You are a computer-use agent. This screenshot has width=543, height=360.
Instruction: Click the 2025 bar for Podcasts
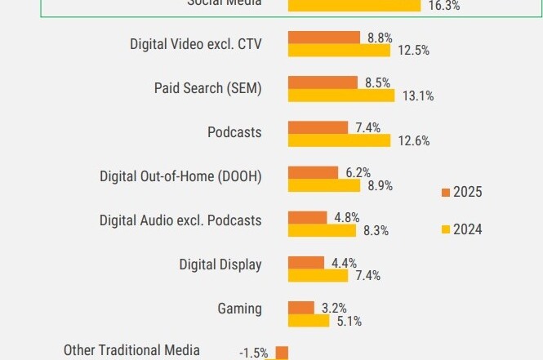point(318,127)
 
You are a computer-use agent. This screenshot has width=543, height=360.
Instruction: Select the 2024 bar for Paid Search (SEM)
point(344,95)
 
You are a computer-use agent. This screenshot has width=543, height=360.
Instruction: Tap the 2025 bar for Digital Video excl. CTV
point(323,38)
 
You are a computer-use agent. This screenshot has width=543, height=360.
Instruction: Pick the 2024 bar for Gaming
point(309,320)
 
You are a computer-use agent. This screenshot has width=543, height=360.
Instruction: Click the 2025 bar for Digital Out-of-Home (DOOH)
point(313,172)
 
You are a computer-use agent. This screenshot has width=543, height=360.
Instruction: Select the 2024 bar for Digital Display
point(318,275)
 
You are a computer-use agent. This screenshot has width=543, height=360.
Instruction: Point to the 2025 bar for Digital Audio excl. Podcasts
point(307,217)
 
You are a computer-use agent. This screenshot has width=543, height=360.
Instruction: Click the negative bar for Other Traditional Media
point(282,353)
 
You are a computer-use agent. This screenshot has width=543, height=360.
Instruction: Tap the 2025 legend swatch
point(446,193)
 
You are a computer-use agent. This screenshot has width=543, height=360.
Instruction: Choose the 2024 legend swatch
point(446,230)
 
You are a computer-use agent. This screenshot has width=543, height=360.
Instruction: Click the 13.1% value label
point(418,96)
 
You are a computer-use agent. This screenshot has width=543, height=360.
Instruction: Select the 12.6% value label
point(414,141)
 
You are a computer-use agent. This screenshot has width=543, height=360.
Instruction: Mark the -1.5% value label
point(253,353)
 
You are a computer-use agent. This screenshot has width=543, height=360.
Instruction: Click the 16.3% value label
point(444,6)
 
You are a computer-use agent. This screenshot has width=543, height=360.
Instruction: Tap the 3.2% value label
point(334,308)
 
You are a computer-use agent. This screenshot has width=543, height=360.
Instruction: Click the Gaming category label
point(239,309)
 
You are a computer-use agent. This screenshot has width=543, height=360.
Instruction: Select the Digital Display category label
point(220,264)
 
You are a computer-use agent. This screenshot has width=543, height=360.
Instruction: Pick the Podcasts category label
point(234,132)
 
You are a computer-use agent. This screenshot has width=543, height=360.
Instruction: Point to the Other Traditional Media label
point(131,350)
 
